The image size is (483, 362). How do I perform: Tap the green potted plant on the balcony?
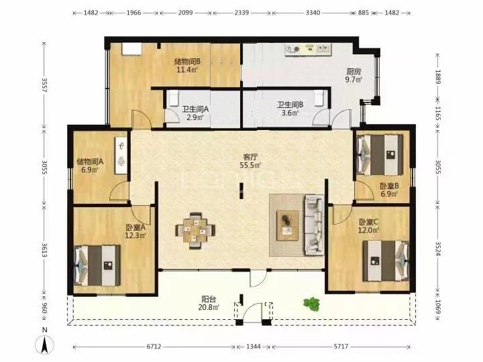tap(311, 303)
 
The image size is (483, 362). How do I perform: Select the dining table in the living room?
tap(195, 230)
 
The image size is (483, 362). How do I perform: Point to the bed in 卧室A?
tap(97, 265)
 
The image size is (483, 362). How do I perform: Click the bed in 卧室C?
tap(386, 261)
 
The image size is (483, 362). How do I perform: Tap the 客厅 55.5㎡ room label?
tap(250, 161)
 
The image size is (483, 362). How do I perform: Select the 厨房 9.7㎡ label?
tap(354, 76)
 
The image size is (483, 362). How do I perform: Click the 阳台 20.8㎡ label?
tap(209, 303)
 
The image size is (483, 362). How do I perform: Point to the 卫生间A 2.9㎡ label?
tap(195, 113)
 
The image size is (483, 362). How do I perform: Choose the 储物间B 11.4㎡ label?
tap(187, 65)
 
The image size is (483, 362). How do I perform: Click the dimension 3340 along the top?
tap(313, 13)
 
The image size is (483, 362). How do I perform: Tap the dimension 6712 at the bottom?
tap(154, 347)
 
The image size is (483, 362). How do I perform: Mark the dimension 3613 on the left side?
tap(45, 250)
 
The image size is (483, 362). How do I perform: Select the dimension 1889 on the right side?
tap(438, 77)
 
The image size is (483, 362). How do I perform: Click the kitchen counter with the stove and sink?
tap(308, 50)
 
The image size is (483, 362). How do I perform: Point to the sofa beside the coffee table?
tap(314, 225)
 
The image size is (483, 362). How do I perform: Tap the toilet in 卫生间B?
tap(319, 98)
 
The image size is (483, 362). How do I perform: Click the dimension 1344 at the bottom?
tap(254, 347)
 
